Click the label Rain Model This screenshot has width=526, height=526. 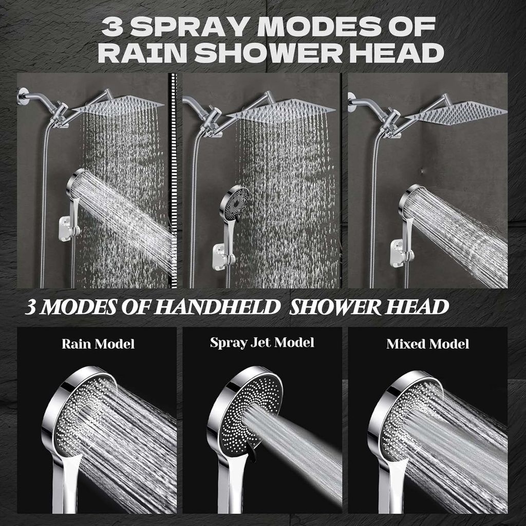point(98,344)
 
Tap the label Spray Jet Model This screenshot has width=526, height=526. point(262,343)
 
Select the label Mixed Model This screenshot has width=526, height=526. point(427,344)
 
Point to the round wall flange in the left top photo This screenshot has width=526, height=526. point(22,96)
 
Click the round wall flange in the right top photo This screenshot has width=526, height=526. point(352,101)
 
